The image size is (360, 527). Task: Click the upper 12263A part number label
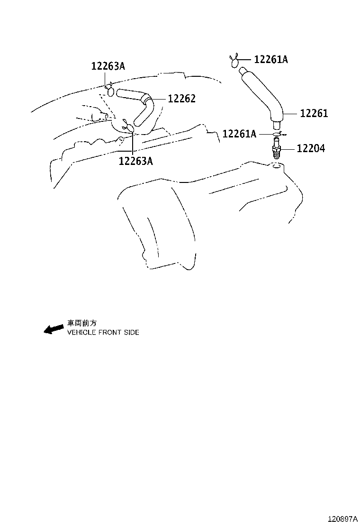108,66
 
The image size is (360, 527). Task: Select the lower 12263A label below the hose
135,161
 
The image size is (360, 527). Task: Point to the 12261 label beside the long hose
314,113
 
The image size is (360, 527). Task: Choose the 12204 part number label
311,148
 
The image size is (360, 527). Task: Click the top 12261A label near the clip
271,59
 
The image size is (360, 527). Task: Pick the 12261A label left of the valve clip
239,134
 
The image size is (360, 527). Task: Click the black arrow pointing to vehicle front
53,329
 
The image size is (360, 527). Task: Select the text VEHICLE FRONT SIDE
103,333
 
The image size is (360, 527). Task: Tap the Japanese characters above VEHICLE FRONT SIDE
81,323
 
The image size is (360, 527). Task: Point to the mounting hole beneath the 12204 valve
276,166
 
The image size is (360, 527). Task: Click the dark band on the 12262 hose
149,100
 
